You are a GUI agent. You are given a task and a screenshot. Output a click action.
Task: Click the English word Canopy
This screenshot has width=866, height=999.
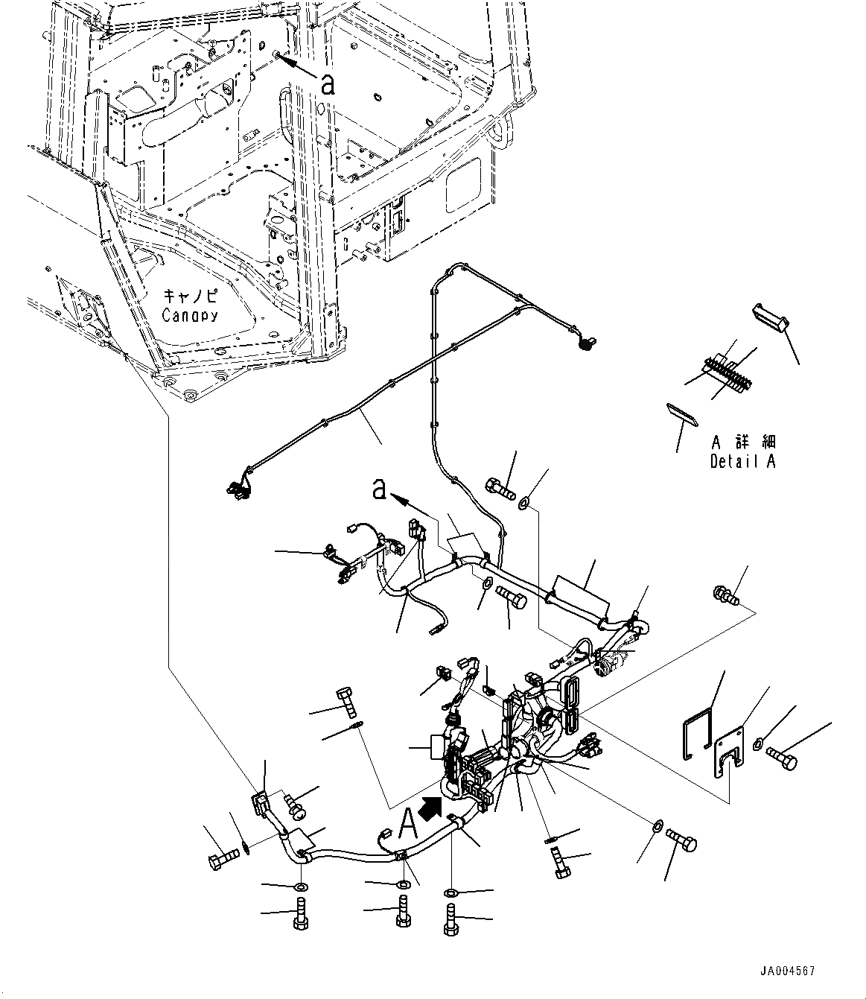(190, 315)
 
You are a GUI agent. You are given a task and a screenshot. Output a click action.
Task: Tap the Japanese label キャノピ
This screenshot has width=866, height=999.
(189, 296)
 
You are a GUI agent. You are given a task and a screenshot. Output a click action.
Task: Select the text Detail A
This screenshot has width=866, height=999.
(742, 461)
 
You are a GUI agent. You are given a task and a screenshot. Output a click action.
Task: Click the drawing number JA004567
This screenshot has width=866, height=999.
(787, 971)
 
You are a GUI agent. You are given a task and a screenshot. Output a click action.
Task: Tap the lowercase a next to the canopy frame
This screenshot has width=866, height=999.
(328, 85)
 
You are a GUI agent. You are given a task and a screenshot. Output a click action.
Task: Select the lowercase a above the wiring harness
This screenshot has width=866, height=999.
(379, 489)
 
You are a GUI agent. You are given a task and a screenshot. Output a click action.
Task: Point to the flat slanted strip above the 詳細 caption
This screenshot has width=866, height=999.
(682, 414)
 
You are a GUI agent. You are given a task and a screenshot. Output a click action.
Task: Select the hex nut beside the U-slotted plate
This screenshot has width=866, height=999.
(758, 743)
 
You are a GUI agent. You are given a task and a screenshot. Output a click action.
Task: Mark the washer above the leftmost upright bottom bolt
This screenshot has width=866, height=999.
(301, 886)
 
